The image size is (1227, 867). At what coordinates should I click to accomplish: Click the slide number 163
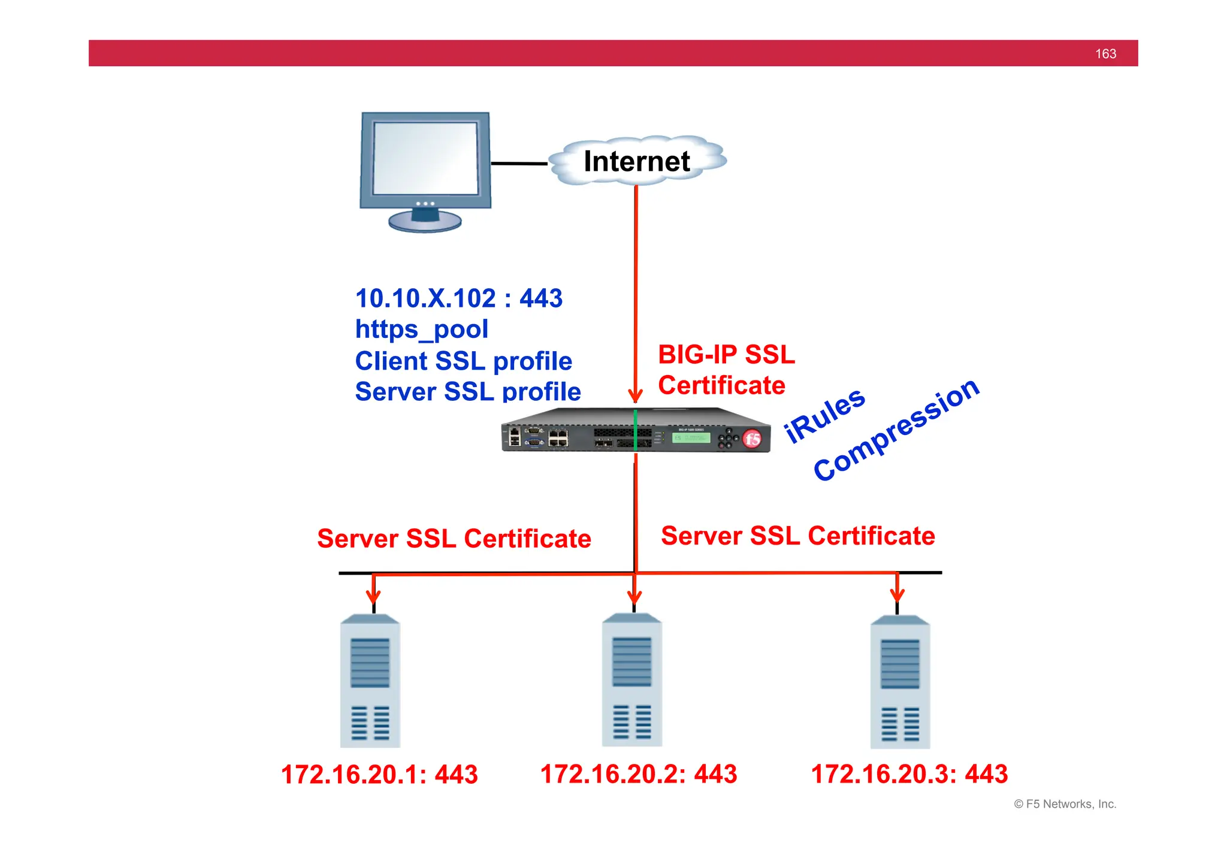point(1105,54)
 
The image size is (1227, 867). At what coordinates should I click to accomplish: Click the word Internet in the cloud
point(636,161)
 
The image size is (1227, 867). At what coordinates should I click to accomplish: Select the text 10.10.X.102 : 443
point(459,298)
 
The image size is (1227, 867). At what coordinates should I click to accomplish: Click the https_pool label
point(421,330)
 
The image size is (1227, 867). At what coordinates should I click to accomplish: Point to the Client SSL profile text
point(463,361)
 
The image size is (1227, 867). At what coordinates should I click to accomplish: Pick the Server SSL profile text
point(467,392)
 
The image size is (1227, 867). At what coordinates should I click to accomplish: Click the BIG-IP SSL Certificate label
point(726,370)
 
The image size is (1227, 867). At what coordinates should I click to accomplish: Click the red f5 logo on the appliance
point(752,439)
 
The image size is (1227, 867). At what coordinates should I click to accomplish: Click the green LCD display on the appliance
point(691,438)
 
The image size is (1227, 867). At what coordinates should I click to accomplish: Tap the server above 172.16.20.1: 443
point(370,681)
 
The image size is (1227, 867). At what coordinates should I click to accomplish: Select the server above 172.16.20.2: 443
point(631,679)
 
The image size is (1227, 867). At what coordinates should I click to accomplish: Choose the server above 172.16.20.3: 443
point(900,682)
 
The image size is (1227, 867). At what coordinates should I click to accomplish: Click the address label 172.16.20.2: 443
point(638,774)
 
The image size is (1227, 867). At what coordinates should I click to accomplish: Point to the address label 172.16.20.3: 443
point(909,774)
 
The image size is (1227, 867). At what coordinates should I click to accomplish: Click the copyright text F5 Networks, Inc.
point(1065,804)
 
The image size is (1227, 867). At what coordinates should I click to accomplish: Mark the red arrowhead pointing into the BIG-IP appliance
point(636,396)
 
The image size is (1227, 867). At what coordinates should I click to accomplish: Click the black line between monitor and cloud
point(519,163)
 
